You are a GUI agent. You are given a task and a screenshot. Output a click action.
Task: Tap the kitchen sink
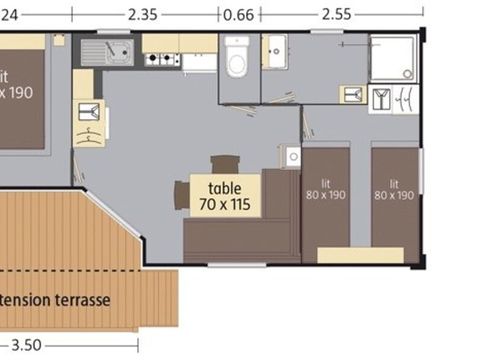pos(106,49)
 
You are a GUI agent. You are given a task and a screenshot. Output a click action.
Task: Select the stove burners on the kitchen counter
pos(160,59)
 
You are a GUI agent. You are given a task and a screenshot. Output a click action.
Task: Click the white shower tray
pos(392,58)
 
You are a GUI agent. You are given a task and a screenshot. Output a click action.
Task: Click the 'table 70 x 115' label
pos(226,196)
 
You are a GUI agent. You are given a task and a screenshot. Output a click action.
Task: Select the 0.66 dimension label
pos(238,14)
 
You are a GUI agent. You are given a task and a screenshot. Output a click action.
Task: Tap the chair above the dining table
pos(225,164)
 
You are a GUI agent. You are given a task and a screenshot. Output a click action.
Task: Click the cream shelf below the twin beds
pos(360,255)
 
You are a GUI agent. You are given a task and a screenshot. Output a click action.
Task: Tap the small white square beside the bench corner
pos(291,156)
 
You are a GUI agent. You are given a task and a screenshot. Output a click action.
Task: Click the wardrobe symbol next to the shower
pos(394,98)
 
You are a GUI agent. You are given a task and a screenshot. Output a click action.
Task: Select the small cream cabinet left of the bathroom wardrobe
pos(353,94)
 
